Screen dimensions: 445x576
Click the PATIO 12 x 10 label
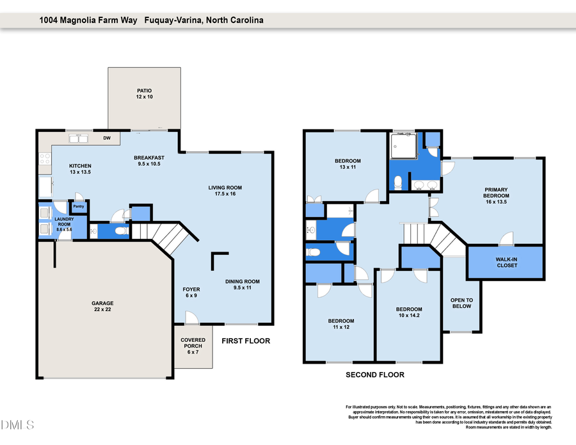point(144,93)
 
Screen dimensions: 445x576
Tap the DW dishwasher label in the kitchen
point(107,138)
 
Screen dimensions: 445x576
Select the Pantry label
point(79,207)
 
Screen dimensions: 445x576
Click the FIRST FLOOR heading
point(246,341)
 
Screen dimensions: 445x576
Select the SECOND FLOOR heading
point(375,375)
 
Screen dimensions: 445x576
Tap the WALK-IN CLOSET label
point(506,262)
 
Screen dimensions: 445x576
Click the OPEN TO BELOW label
point(461,303)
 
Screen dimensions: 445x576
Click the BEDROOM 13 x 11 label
point(348,164)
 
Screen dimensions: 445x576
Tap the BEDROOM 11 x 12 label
point(341,324)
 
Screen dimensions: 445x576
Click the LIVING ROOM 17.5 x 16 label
point(225,190)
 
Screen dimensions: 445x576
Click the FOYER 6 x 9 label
point(192,293)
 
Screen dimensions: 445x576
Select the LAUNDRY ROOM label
point(64,225)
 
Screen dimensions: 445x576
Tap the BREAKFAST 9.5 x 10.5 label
point(149,161)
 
